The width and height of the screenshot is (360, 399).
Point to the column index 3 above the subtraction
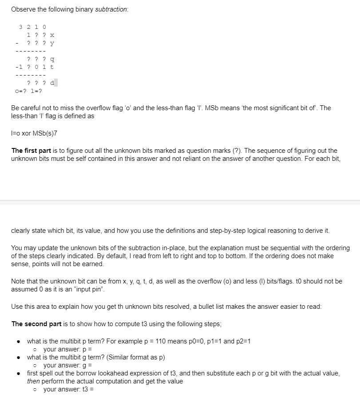coord(21,27)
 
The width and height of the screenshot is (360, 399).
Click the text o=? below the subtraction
coord(21,91)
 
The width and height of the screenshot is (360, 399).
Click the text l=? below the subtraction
coord(37,91)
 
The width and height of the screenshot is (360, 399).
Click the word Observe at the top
coord(24,10)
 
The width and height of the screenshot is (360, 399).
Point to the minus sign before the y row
coord(17,43)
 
